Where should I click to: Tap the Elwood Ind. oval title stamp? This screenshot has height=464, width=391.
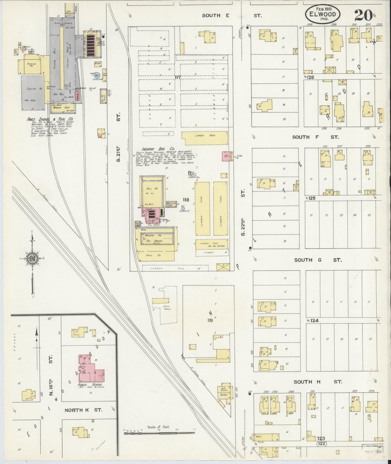323,14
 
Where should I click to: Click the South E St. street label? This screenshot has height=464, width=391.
232,16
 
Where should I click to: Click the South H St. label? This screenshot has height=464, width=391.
318,382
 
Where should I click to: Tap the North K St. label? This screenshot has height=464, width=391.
83,410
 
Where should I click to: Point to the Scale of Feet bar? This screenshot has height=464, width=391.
159,433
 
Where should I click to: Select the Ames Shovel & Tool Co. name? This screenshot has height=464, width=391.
50,119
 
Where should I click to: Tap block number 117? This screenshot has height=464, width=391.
178,77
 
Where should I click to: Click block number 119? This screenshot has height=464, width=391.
210,321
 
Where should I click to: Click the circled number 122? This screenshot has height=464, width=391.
322,444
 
